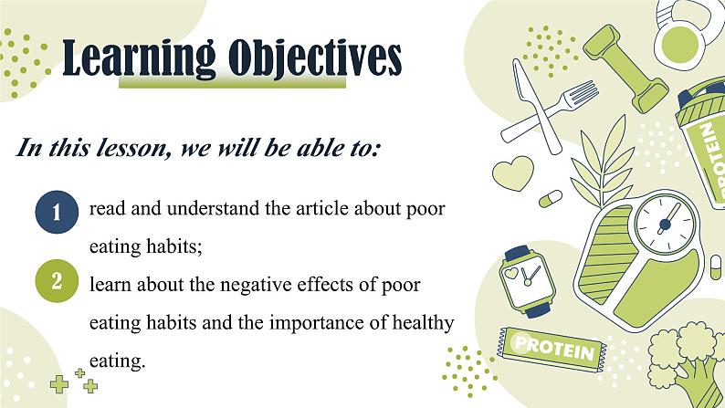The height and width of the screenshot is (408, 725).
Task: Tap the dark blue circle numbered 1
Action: (x=57, y=212)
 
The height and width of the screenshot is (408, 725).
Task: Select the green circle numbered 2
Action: (x=57, y=280)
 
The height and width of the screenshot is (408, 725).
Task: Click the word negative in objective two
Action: (x=256, y=285)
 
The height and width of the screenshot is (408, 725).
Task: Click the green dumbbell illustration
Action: (x=625, y=68)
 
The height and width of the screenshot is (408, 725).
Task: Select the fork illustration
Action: (x=551, y=112)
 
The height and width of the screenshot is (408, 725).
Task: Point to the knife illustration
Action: (x=535, y=106)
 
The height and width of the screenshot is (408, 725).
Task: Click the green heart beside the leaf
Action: (x=513, y=173)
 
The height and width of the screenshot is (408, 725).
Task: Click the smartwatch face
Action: (x=527, y=280)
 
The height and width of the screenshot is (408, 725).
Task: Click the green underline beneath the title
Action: (x=232, y=83)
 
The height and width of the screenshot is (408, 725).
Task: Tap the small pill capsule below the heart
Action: (x=551, y=198)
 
